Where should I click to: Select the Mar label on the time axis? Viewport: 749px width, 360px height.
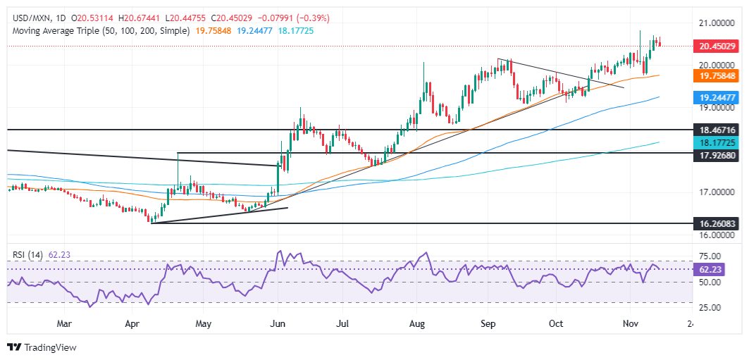(x=65, y=324)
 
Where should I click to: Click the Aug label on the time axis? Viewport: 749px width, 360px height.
(x=416, y=324)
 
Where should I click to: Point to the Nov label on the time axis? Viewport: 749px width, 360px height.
(x=630, y=324)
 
